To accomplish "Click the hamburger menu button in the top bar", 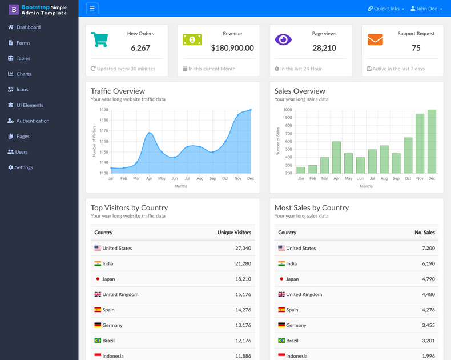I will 92,9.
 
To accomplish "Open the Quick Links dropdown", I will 386,9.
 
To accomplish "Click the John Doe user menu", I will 426,9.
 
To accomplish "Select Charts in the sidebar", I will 23,74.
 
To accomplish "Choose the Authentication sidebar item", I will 33,121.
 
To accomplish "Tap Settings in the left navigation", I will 24,167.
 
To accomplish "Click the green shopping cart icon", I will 99,39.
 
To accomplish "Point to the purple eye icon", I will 283,39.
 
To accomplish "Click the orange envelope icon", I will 375,39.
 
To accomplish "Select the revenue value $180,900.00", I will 232,48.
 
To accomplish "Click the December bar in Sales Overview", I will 432,142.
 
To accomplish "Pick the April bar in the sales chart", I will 336,157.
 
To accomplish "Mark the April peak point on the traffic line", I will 149,133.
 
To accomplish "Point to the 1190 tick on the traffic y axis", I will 103,110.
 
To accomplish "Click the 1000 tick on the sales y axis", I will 287,110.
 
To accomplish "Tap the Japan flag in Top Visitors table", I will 98,279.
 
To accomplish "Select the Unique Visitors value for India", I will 243,263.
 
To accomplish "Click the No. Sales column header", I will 424,233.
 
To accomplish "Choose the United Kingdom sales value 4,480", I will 428,294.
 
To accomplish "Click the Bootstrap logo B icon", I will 14,9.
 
